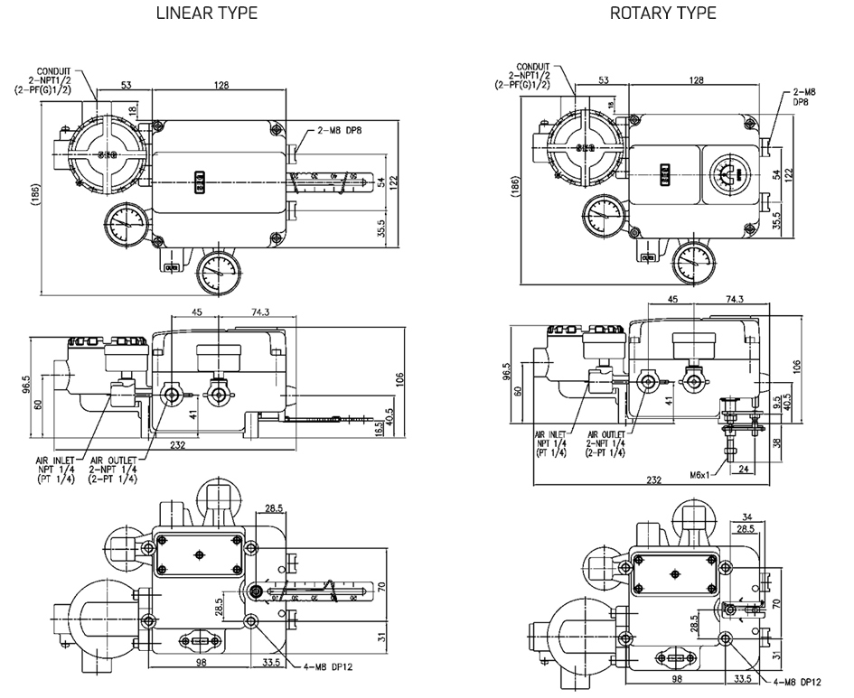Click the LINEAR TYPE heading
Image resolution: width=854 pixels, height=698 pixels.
[207, 13]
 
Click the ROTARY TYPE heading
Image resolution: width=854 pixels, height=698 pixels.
[663, 13]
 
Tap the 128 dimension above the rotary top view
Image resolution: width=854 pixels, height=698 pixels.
[696, 80]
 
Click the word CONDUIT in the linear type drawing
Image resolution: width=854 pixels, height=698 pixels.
[58, 70]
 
